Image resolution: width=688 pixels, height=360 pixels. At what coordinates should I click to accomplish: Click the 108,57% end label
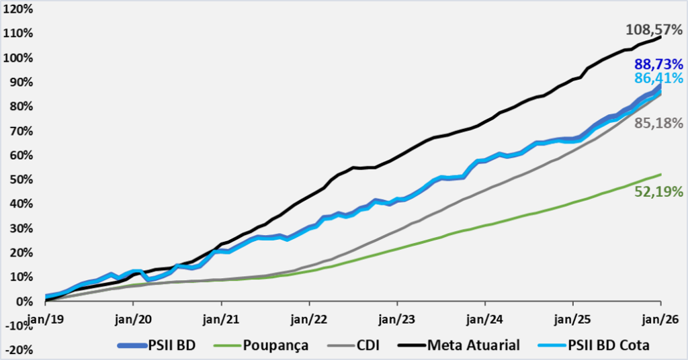[653, 30]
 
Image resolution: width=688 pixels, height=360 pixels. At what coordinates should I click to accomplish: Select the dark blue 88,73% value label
[658, 65]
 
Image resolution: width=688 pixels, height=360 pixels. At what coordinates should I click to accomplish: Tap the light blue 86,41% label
[658, 79]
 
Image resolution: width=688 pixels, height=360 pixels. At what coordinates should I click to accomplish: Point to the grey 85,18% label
[658, 124]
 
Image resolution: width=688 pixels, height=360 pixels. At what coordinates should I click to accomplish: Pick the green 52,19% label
[658, 191]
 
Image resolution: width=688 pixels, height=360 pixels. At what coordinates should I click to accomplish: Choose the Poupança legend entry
[271, 345]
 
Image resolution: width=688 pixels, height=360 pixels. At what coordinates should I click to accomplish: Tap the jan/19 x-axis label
[45, 314]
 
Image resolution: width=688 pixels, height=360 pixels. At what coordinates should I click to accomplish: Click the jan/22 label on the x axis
[309, 314]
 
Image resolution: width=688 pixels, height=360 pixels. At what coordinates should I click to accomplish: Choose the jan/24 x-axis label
[485, 314]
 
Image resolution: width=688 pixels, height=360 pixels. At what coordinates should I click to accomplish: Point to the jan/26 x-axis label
[661, 314]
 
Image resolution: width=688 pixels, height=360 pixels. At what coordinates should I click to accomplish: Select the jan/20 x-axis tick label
[133, 314]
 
